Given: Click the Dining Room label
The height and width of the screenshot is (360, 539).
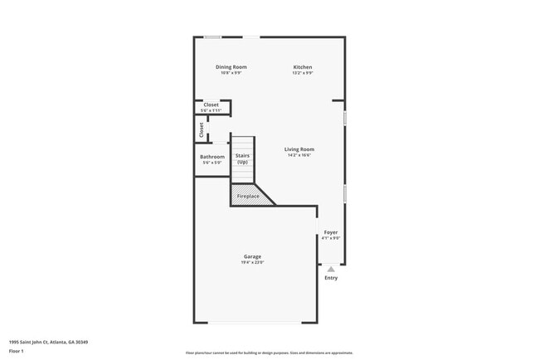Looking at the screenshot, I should click(231, 67).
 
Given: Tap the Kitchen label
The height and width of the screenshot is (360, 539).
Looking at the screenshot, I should click(302, 67).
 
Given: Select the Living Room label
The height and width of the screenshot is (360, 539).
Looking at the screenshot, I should click(300, 149).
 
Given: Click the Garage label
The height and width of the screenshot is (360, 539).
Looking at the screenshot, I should click(252, 256).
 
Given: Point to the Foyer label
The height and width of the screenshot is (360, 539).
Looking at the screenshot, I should click(331, 232).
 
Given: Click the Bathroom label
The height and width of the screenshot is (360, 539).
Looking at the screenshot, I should click(212, 157).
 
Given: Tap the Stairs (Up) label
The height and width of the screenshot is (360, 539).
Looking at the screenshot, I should click(242, 158).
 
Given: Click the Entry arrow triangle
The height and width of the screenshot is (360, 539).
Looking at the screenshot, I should click(331, 269).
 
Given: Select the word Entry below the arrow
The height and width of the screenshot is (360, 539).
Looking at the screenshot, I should click(331, 278).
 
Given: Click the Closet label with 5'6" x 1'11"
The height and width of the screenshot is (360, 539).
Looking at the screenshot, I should click(211, 105).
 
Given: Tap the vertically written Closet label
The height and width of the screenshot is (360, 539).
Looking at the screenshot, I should click(202, 130).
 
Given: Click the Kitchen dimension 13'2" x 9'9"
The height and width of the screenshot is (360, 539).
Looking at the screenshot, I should click(302, 73).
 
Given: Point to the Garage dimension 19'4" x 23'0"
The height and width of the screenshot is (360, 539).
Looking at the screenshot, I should click(252, 262).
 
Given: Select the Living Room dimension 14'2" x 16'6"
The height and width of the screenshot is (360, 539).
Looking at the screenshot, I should click(300, 155).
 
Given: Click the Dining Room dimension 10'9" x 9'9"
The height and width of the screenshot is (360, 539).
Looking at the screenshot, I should click(231, 73).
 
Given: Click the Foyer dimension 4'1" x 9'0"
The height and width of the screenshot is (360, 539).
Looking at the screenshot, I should click(331, 238).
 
